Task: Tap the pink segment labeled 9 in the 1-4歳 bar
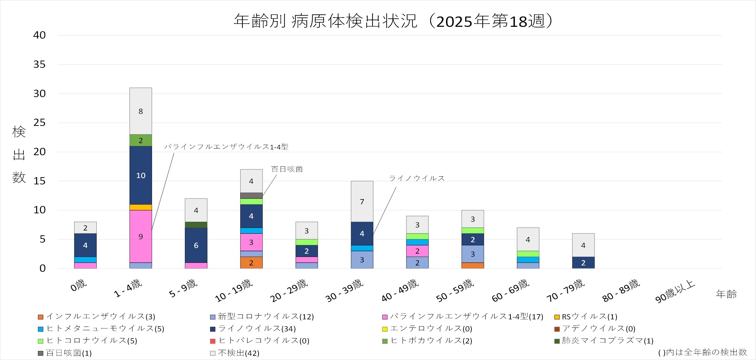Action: click(141, 236)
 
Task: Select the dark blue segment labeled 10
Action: click(141, 175)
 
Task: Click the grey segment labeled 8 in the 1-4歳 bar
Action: click(141, 111)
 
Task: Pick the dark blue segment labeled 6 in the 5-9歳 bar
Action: click(196, 245)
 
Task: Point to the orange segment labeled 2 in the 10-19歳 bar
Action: click(251, 263)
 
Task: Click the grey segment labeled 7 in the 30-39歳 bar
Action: click(362, 202)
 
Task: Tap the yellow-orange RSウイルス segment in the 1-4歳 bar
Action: click(141, 207)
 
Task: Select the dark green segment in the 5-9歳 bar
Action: click(196, 225)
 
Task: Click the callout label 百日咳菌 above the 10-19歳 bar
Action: click(287, 169)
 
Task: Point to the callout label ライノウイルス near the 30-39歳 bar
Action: click(417, 178)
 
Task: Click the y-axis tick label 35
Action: click(39, 64)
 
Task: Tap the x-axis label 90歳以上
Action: click(675, 291)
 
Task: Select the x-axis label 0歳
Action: click(79, 285)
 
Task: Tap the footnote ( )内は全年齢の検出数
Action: click(702, 352)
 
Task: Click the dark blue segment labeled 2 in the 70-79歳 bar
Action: click(583, 263)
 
